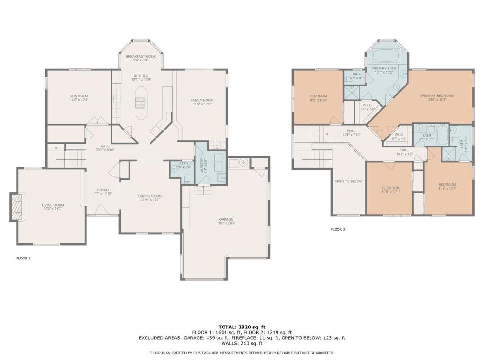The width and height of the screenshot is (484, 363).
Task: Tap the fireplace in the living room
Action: (17, 207)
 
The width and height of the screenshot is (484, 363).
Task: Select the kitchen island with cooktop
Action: (140, 102)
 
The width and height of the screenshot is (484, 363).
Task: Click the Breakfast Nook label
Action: (140, 56)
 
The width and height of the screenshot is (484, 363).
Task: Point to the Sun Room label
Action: (79, 96)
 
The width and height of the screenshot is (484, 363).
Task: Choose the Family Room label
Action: (202, 100)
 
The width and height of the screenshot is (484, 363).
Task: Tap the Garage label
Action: (226, 219)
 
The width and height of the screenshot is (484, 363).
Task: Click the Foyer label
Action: (103, 190)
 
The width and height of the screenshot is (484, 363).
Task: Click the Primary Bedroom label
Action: (437, 95)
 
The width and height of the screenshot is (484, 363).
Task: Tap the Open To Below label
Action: (348, 181)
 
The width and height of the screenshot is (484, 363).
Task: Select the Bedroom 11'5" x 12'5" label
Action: (318, 96)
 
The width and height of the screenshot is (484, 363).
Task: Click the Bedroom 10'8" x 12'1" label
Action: (390, 188)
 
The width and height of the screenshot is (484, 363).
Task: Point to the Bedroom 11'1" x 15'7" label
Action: (447, 184)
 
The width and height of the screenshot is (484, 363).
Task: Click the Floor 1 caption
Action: (23, 259)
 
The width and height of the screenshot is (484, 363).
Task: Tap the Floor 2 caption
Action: (337, 229)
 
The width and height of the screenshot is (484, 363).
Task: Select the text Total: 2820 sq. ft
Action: (242, 327)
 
